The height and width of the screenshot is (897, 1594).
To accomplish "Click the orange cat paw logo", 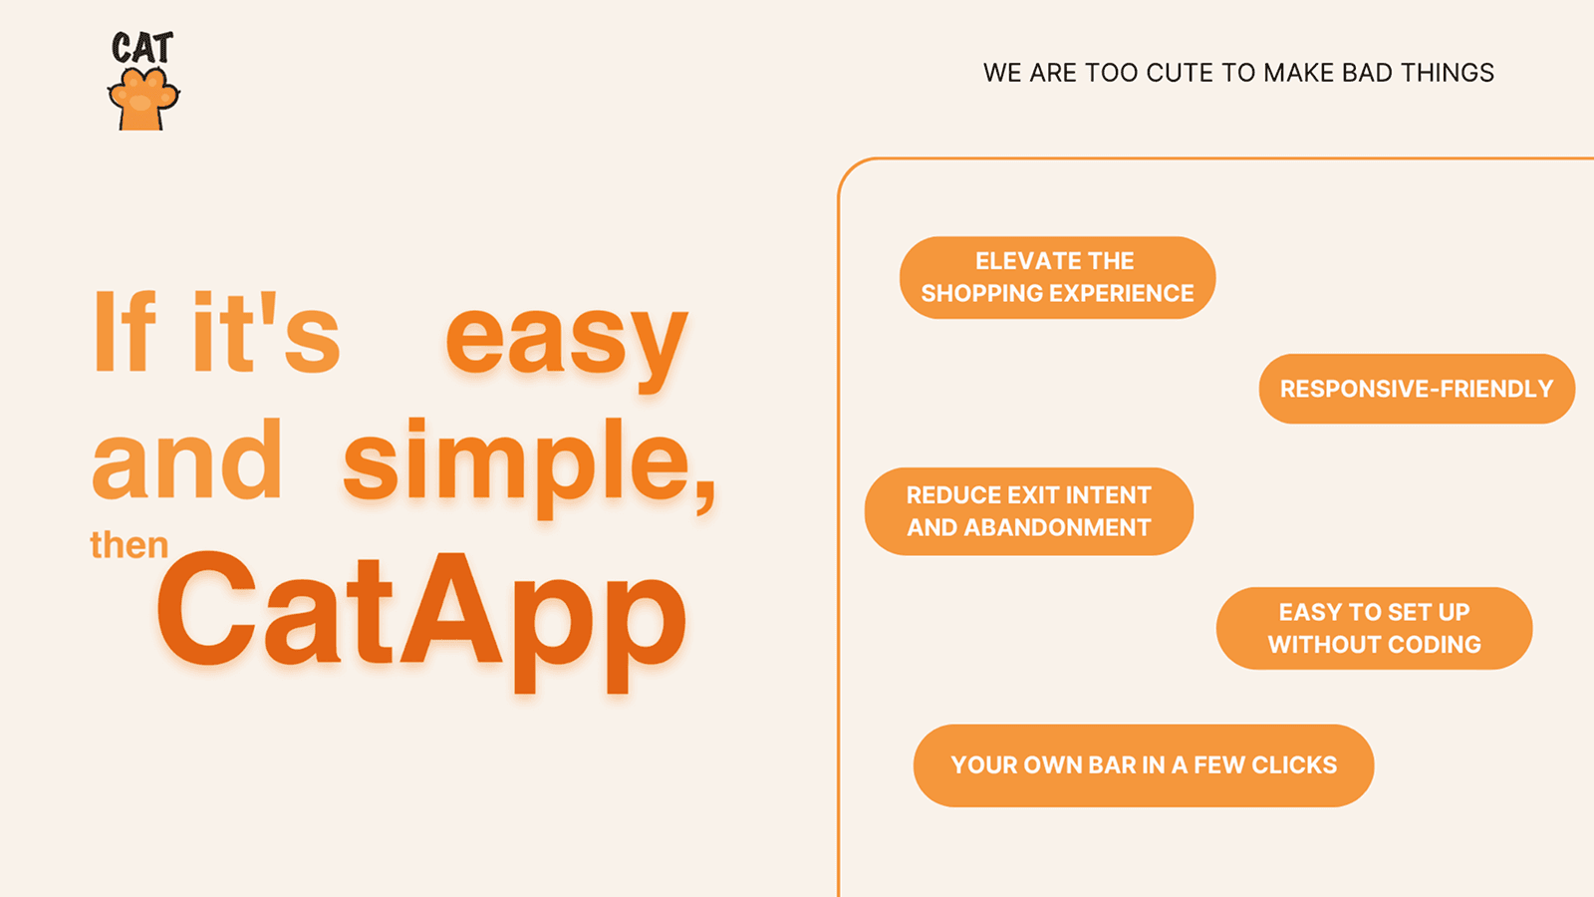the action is [x=143, y=99].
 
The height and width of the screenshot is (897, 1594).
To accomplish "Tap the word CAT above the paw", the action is [x=142, y=48].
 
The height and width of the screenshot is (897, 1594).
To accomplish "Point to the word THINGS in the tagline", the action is [x=1448, y=73].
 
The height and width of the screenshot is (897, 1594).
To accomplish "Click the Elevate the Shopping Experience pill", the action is [x=1057, y=278].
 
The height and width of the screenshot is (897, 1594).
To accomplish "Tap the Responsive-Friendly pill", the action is [x=1417, y=389].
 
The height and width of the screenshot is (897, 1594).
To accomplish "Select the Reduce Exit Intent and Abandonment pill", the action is [x=1029, y=511].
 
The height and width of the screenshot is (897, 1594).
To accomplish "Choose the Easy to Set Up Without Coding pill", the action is [x=1374, y=628].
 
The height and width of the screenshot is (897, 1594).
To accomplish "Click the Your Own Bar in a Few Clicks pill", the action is [x=1144, y=765].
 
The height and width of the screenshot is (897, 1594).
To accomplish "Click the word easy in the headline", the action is [x=567, y=346].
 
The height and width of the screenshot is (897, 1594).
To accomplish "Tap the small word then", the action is [x=130, y=545].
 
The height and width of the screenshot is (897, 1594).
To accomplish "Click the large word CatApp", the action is [x=422, y=619].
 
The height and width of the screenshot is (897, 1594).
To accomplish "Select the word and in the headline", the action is [x=187, y=458].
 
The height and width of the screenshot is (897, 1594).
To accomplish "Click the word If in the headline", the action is [x=124, y=331].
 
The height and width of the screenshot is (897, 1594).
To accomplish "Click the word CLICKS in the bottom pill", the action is [x=1294, y=765].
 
